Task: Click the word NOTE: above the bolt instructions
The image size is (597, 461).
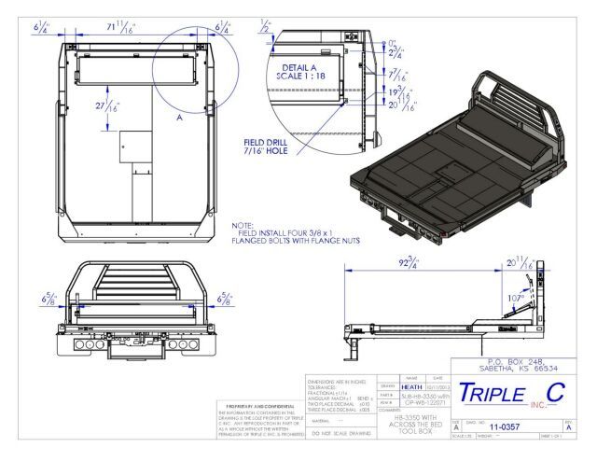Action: [x=242, y=226]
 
